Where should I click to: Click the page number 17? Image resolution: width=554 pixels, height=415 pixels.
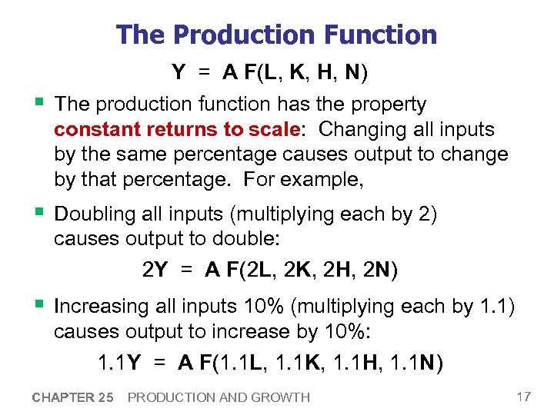point(524,397)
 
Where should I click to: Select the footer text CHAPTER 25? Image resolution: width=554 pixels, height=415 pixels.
point(72,397)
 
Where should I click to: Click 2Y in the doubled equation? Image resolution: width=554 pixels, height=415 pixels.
point(155,270)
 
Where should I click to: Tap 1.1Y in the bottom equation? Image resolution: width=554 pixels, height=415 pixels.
point(118,362)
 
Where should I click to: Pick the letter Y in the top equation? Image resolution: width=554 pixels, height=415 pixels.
point(179,73)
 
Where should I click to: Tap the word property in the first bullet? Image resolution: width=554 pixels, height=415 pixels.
point(387,104)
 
